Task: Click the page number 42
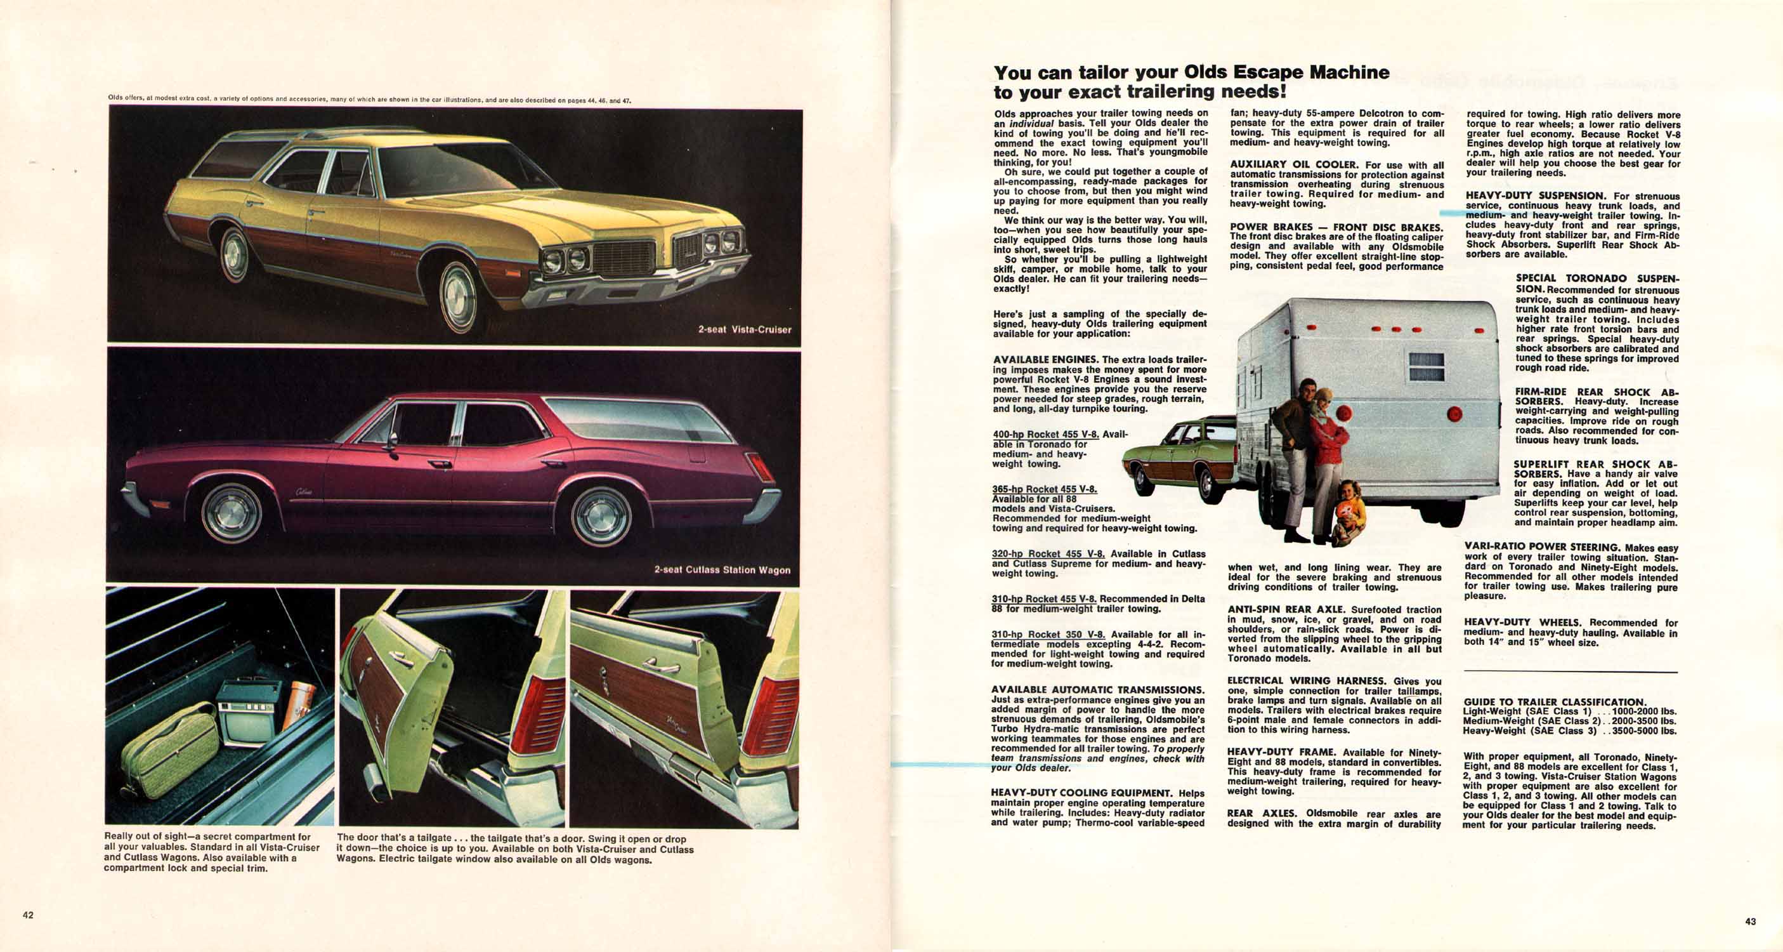pyautogui.click(x=28, y=915)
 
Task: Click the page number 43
pyautogui.click(x=1751, y=922)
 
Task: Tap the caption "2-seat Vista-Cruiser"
pyautogui.click(x=744, y=329)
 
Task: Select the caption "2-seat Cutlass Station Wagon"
pyautogui.click(x=722, y=570)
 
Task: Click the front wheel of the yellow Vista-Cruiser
pyautogui.click(x=459, y=297)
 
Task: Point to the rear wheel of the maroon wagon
pyautogui.click(x=601, y=517)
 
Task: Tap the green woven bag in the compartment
pyautogui.click(x=170, y=750)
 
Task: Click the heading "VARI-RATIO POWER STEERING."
pyautogui.click(x=1543, y=547)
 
